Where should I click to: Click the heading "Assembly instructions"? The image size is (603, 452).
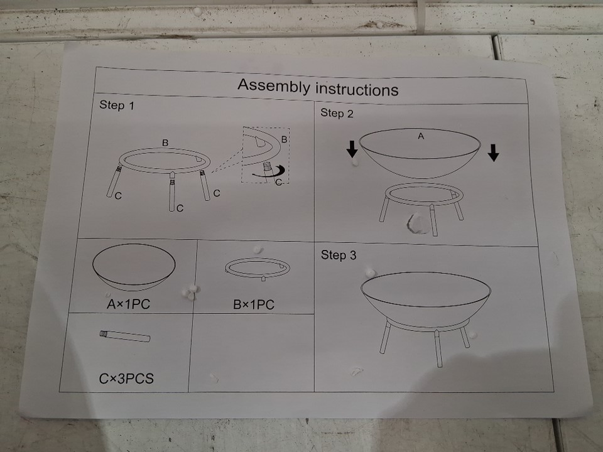pos(318,87)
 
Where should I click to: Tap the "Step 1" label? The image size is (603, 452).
pos(117,105)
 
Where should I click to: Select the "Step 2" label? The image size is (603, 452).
pos(337,113)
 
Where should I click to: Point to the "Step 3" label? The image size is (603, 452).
pos(339,255)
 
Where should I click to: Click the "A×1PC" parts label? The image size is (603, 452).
pos(128,304)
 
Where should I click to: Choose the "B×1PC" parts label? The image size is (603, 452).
pos(254,305)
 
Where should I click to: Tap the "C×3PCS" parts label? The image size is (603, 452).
pos(126,379)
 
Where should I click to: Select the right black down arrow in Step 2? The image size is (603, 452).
pos(494,153)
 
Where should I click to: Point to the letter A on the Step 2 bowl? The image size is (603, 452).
pos(421,136)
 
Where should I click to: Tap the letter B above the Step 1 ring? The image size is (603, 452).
pos(165,143)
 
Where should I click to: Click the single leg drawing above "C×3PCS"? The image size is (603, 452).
pos(125,336)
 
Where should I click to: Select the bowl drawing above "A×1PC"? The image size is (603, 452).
pos(134,267)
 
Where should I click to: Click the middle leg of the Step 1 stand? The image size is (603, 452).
pos(172,191)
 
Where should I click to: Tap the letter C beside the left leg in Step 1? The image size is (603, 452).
pos(118,196)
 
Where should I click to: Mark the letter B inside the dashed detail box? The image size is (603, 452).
pos(284,139)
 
